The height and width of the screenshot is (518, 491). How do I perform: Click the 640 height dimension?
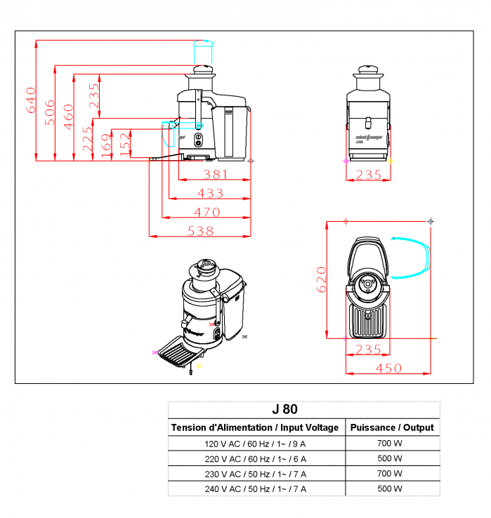30,100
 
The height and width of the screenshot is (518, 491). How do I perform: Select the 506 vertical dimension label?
48,112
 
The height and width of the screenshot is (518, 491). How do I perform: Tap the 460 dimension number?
67,115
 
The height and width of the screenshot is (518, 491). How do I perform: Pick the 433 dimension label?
209,193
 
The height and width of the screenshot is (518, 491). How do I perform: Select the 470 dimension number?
207,212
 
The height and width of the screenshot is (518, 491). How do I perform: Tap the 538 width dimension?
200,230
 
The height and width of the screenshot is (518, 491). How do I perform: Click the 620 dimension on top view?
321,279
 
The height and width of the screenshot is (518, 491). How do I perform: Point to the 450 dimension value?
388,368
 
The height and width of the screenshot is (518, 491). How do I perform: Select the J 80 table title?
284,409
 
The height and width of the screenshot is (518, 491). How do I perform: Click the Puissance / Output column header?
392,427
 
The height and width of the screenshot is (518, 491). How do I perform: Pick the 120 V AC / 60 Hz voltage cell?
255,444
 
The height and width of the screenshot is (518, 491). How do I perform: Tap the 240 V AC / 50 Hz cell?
255,489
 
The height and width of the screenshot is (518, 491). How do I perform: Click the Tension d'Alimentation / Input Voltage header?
255,427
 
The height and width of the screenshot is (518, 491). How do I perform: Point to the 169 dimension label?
105,147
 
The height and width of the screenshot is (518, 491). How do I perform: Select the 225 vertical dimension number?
87,140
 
